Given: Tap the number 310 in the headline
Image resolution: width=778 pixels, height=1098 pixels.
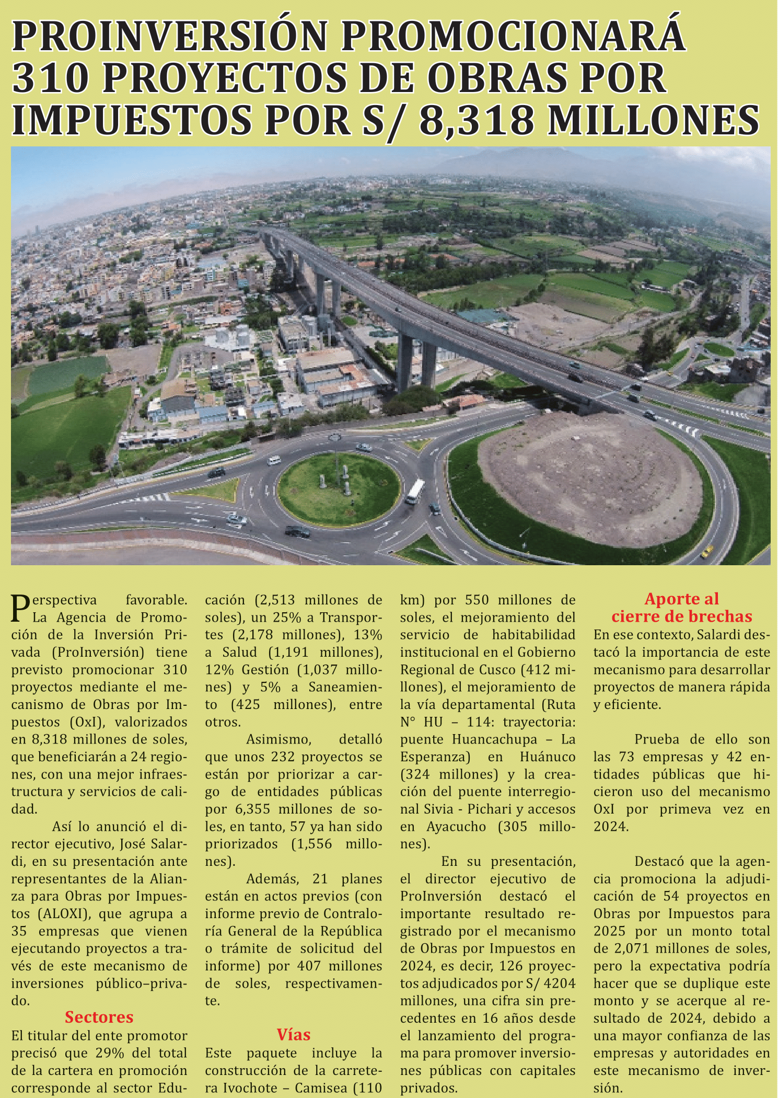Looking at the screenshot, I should point(49,78).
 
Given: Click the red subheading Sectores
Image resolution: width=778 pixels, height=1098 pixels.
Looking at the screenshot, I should point(99,1017).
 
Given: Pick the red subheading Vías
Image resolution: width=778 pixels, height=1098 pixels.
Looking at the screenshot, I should point(294,1035).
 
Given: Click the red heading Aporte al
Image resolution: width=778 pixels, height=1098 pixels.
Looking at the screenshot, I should point(681,599).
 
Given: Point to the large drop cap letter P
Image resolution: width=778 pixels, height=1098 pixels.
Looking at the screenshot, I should point(20,609).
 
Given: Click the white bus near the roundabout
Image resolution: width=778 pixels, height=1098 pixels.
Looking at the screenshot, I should point(415,491).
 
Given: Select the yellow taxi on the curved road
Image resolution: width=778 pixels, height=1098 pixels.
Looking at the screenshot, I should point(707,552).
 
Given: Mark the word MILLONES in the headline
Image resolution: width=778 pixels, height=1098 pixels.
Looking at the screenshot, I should point(653,120).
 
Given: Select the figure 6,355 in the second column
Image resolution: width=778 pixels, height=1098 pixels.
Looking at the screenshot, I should point(253,809).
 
